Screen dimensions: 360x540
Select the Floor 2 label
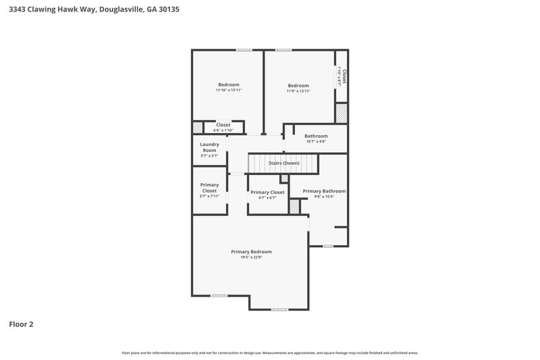pyautogui.click(x=20, y=324)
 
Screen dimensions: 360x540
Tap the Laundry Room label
pyautogui.click(x=209, y=147)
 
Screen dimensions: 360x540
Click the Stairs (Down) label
pyautogui.click(x=283, y=163)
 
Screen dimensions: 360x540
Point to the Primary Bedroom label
pyautogui.click(x=251, y=251)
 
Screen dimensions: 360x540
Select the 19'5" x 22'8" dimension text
pyautogui.click(x=251, y=257)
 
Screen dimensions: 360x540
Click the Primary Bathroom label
pyautogui.click(x=324, y=191)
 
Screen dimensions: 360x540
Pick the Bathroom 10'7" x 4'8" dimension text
pyautogui.click(x=316, y=142)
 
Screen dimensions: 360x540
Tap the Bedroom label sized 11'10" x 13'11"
pyautogui.click(x=228, y=84)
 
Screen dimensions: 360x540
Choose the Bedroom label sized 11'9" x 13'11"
pyautogui.click(x=298, y=85)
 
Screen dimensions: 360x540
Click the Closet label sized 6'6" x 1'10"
pyautogui.click(x=223, y=125)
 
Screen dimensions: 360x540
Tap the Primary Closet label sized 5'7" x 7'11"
pyautogui.click(x=209, y=188)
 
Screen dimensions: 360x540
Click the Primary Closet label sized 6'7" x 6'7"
pyautogui.click(x=267, y=192)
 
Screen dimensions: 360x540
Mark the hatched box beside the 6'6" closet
pyautogui.click(x=198, y=127)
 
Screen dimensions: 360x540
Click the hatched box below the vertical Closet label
pyautogui.click(x=342, y=113)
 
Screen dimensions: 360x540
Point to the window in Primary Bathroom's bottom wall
pyautogui.click(x=327, y=246)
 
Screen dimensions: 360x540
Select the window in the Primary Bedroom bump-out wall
pyautogui.click(x=279, y=309)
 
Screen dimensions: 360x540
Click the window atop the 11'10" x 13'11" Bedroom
pyautogui.click(x=244, y=49)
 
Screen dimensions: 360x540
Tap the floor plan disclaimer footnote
pyautogui.click(x=270, y=353)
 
